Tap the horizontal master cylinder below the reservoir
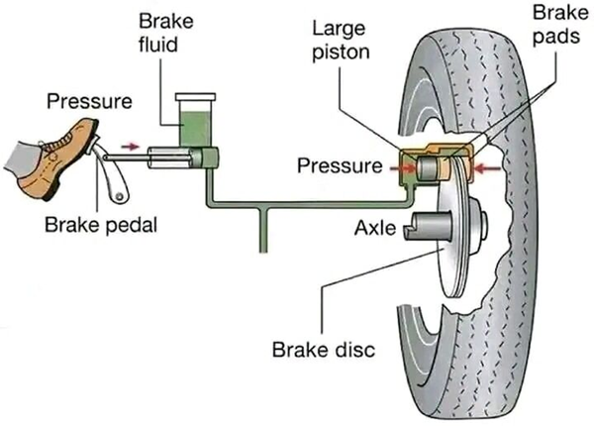(178, 158)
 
